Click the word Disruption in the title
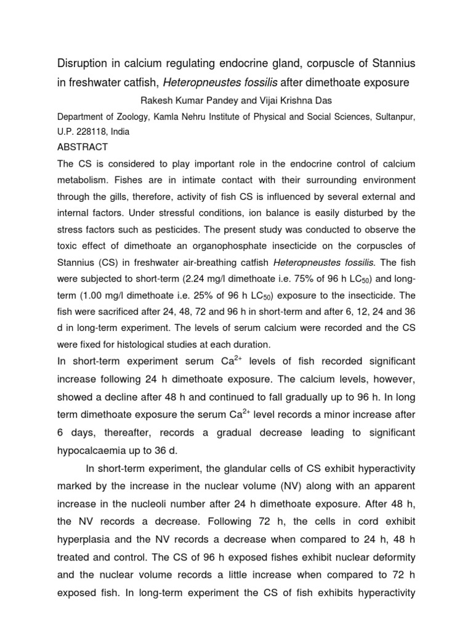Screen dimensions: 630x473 point(82,64)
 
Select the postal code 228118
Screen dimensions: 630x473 point(92,131)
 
